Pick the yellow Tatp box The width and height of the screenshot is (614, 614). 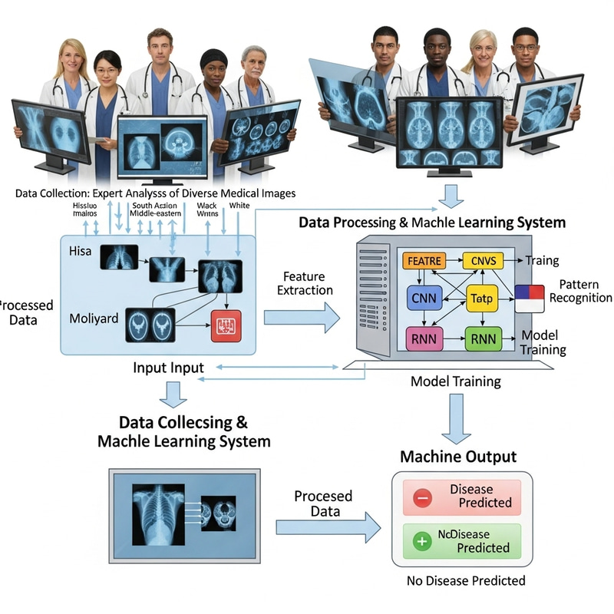484,299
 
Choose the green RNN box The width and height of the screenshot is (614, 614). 484,338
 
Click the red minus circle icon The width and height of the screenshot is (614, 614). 423,497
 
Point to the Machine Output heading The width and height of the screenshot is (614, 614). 458,457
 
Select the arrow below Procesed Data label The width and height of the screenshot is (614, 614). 328,527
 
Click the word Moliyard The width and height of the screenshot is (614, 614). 94,316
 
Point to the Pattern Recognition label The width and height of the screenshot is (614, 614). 580,291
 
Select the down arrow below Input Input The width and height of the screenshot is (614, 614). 175,394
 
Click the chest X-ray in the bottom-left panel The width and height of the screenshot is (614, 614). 159,507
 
